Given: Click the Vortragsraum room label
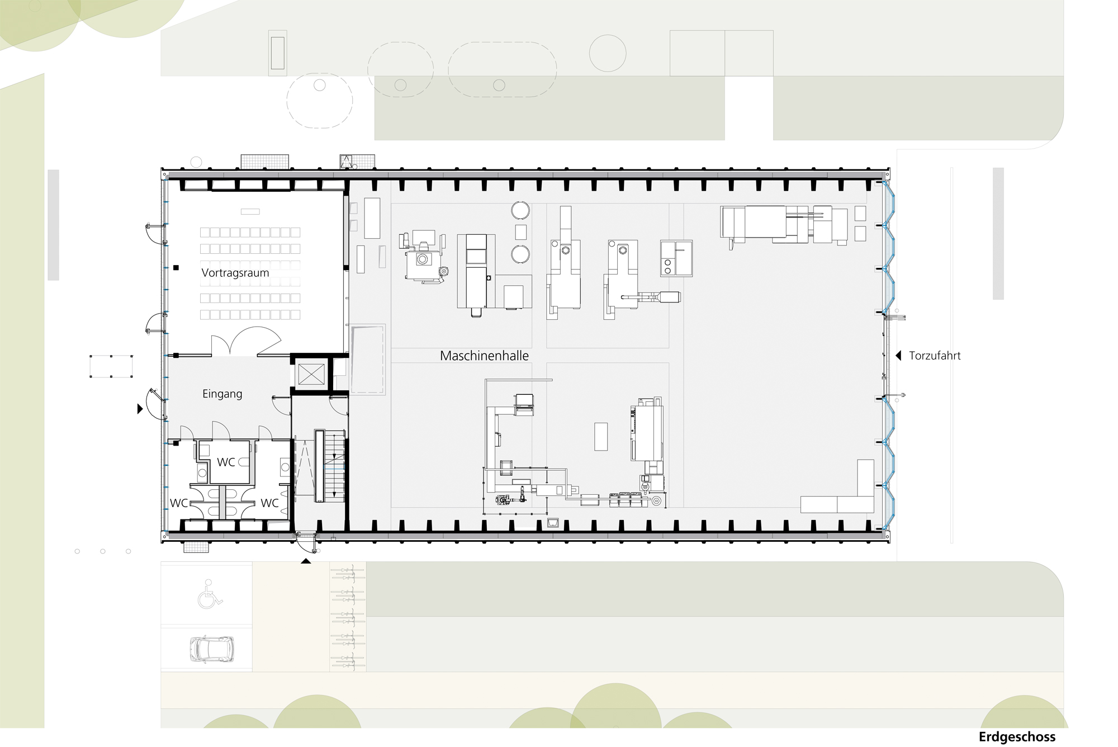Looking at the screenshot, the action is [x=235, y=273].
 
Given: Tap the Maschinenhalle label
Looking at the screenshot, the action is [x=484, y=356].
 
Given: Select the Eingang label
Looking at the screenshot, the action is [x=222, y=394].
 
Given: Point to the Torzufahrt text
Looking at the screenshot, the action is [x=935, y=356].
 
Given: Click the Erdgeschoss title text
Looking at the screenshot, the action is [x=1017, y=737].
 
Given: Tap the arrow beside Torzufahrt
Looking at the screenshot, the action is [x=898, y=356].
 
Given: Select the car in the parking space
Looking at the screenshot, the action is [x=211, y=649].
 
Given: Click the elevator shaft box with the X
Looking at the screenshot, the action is [x=311, y=374].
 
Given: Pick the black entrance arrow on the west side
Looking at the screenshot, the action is [x=140, y=409].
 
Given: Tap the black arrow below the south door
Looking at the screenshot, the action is [x=306, y=561].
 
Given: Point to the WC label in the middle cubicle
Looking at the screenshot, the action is [x=226, y=462].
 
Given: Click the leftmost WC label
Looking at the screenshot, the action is [x=179, y=503].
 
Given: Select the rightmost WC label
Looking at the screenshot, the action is [x=269, y=503].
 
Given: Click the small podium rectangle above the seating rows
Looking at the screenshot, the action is [x=250, y=211].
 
